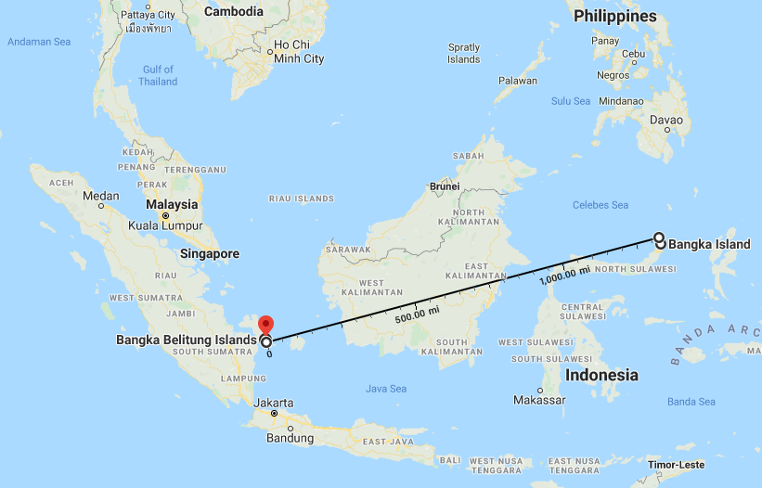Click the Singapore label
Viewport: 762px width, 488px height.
pyautogui.click(x=211, y=254)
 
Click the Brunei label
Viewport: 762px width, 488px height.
pyautogui.click(x=445, y=186)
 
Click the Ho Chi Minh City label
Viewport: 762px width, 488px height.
pyautogui.click(x=298, y=52)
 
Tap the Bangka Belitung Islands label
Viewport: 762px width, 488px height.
pyautogui.click(x=186, y=340)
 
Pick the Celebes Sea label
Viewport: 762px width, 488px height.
pyautogui.click(x=601, y=205)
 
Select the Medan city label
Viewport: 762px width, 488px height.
pyautogui.click(x=101, y=196)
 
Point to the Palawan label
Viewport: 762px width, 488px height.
pyautogui.click(x=517, y=81)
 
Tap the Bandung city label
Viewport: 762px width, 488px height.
pyautogui.click(x=291, y=438)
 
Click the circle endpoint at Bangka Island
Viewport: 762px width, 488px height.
pyautogui.click(x=659, y=238)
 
